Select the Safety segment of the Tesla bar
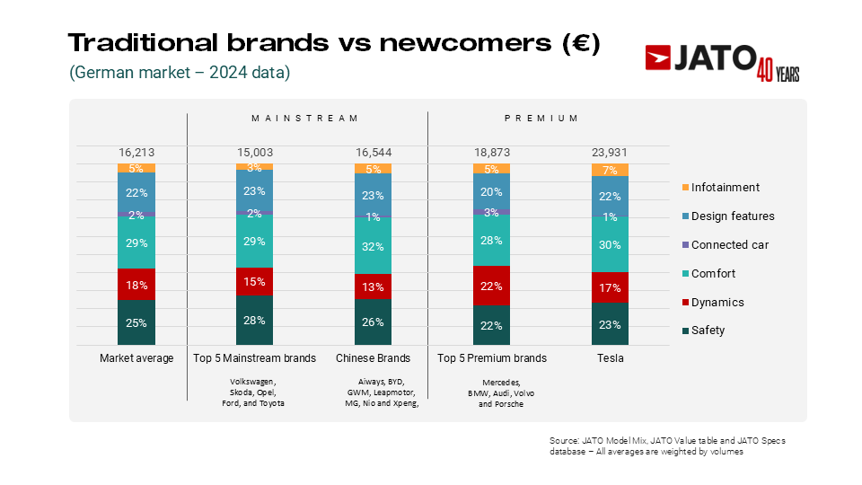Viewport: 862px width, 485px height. tap(610, 325)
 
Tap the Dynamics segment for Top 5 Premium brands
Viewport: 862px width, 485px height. tap(491, 286)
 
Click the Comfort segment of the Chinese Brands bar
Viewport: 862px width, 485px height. tap(373, 245)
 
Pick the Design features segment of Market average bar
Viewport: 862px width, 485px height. tap(136, 192)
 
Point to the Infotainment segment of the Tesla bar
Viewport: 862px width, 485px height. tap(610, 170)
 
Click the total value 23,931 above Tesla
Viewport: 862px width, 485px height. tap(610, 153)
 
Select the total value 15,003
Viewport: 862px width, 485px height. tap(254, 153)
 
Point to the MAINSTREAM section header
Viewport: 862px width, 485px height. tap(305, 118)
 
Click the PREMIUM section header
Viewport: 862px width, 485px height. tap(541, 118)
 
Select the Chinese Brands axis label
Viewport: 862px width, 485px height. tap(373, 358)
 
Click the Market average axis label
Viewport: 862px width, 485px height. tap(136, 358)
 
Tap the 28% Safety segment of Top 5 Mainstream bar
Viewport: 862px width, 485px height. tap(254, 321)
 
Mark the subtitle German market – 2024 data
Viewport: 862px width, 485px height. tap(180, 73)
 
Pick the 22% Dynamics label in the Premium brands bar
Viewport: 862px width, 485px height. tap(491, 286)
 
